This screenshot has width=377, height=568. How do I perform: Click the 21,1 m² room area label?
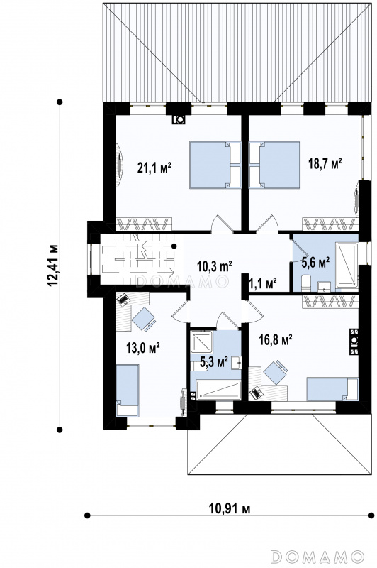click(154, 168)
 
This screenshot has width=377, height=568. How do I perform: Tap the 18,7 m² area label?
click(325, 163)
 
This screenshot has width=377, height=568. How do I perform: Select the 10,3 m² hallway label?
click(214, 267)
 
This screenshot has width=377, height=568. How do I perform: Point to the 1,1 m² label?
click(263, 283)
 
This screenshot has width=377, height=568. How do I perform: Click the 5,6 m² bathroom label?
click(315, 262)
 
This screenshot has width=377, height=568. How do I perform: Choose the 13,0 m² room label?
click(143, 348)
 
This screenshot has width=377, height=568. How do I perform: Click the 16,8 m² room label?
click(276, 340)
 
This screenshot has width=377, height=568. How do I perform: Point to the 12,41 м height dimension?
click(52, 265)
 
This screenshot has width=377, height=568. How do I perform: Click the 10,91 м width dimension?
click(230, 508)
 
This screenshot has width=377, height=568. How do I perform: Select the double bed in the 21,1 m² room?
click(215, 165)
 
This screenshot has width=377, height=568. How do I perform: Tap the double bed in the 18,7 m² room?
click(275, 165)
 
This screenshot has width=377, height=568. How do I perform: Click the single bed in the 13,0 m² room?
click(127, 390)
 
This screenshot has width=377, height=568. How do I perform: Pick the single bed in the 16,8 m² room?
click(332, 389)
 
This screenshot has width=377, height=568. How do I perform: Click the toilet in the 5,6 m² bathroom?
click(306, 283)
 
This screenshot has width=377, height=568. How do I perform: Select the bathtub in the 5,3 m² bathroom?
click(218, 390)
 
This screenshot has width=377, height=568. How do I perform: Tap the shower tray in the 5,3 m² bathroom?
click(202, 342)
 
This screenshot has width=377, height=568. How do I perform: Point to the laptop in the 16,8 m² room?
click(257, 393)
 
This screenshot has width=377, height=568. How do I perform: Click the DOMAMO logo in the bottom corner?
click(317, 556)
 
